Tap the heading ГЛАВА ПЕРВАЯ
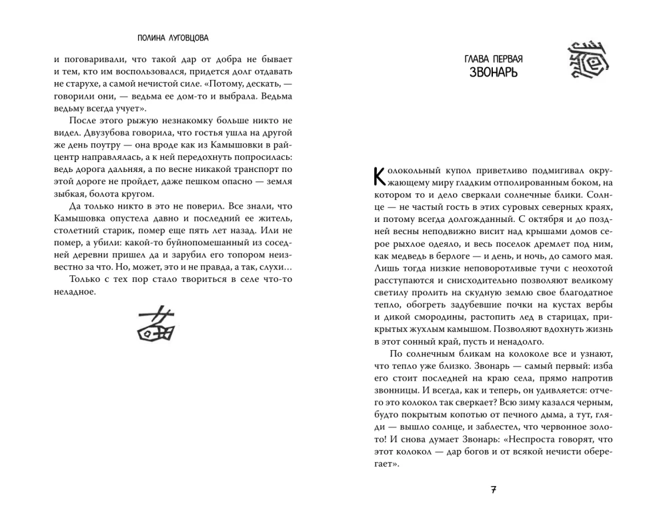[x=493, y=59]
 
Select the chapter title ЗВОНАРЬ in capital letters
[x=493, y=71]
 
